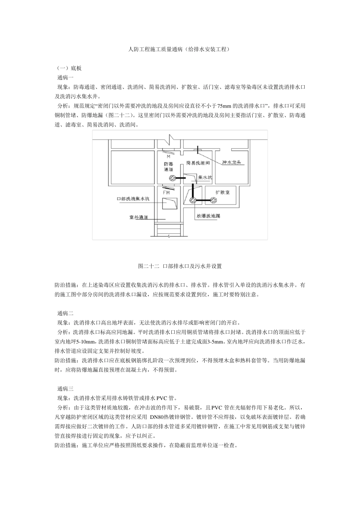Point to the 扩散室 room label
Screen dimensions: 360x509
pyautogui.click(x=222, y=192)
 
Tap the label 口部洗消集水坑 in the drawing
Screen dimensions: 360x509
pyautogui.click(x=133, y=198)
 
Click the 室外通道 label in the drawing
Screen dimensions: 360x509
pyautogui.click(x=138, y=217)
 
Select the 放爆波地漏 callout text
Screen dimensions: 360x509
pyautogui.click(x=208, y=216)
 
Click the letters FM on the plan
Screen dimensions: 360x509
pyautogui.click(x=166, y=193)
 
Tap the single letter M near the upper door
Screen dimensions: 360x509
pyautogui.click(x=168, y=156)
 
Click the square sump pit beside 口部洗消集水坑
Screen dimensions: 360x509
pyautogui.click(x=169, y=204)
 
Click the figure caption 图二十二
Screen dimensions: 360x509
pyautogui.click(x=149, y=266)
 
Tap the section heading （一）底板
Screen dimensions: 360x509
pyautogui.click(x=69, y=68)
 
